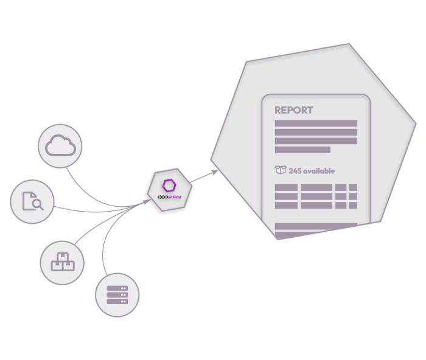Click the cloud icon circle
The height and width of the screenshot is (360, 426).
(x=60, y=146)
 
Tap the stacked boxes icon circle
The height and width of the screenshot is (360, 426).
(x=62, y=263)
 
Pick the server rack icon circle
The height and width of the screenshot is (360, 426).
(x=117, y=295)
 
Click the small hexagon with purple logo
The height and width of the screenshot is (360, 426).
(x=169, y=190)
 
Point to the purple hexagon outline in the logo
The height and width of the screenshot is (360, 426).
(x=169, y=184)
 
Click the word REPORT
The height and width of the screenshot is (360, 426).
(x=294, y=111)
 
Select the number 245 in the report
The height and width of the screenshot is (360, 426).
(x=295, y=171)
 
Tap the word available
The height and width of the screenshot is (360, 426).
(x=319, y=171)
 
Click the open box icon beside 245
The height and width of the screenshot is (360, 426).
(x=281, y=171)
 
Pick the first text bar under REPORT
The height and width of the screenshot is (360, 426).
(x=316, y=123)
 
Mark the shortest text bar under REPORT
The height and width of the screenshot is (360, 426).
(x=302, y=150)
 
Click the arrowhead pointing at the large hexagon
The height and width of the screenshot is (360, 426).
(x=215, y=172)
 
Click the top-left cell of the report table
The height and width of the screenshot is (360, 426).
(x=286, y=188)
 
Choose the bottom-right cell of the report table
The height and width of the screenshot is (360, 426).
(x=352, y=206)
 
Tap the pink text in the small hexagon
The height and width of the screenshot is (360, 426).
(x=175, y=197)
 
